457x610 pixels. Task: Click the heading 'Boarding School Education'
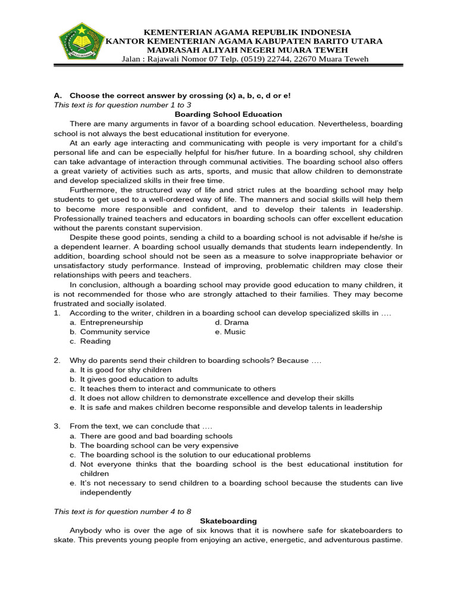click(x=228, y=114)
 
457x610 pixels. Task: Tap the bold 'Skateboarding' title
click(x=228, y=521)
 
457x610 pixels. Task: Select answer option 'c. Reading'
click(x=90, y=341)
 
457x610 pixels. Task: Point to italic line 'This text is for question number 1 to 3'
click(x=123, y=105)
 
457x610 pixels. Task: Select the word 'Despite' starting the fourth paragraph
click(x=84, y=237)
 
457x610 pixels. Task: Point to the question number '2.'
click(x=57, y=360)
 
